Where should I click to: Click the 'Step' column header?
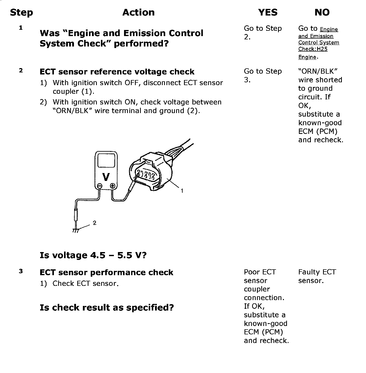21,12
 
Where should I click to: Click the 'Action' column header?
139,12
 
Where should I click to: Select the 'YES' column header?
268,12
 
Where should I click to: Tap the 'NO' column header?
322,12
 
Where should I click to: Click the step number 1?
21,28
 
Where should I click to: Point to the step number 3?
21,271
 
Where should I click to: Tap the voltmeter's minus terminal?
100,186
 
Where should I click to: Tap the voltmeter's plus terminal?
113,186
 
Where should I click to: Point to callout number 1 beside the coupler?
182,191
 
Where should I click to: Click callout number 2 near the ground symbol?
95,223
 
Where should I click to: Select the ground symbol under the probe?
76,230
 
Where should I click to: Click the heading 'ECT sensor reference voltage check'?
117,72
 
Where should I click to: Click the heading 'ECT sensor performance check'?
106,272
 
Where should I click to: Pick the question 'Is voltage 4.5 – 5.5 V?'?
93,255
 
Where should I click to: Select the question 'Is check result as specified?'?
107,307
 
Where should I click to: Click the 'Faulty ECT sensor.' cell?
317,276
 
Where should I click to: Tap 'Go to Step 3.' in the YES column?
263,75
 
